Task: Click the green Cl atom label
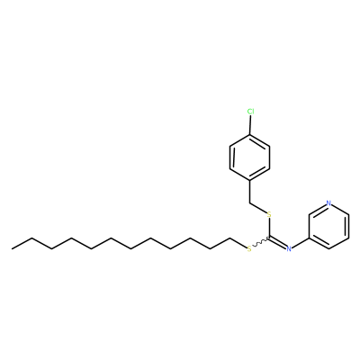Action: coord(250,112)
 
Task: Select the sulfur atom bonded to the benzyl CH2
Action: coord(269,214)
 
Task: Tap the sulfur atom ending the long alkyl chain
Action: coord(249,249)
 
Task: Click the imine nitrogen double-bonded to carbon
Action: coord(289,248)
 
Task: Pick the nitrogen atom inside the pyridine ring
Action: coord(328,203)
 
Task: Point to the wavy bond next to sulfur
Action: coord(261,242)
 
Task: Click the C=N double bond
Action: coord(278,243)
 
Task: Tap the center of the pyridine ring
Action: coord(328,226)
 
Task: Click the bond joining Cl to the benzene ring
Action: coord(250,125)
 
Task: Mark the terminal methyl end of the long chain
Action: coord(13,248)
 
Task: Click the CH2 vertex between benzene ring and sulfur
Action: coord(249,203)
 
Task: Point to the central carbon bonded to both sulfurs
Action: coord(269,238)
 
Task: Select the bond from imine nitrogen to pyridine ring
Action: coord(301,243)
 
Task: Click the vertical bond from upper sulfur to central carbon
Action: coord(269,228)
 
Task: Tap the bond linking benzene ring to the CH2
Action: coord(249,192)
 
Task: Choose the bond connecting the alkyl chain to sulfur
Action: coord(238,243)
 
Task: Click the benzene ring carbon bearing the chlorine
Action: coord(250,135)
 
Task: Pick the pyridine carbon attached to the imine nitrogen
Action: coord(309,238)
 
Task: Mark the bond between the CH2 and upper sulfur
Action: coord(258,208)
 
